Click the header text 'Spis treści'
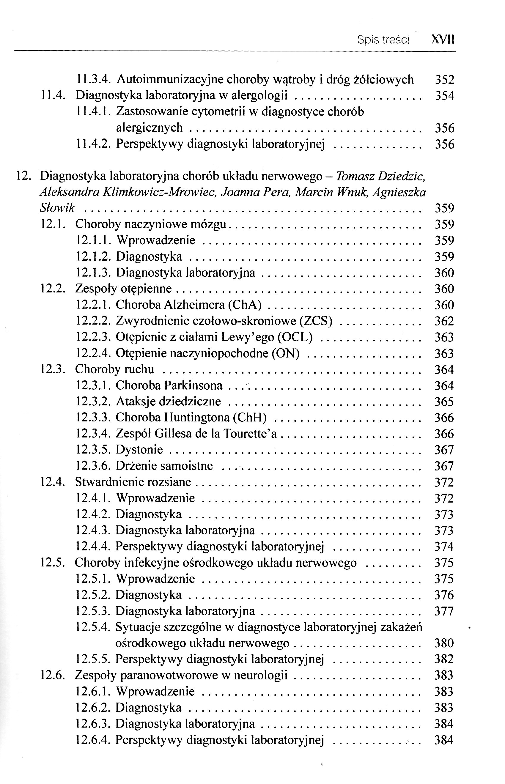point(383,40)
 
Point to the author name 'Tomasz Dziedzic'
point(381,177)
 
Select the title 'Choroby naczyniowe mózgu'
point(151,224)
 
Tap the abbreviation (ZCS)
point(316,321)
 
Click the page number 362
point(444,321)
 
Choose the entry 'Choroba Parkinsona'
point(169,385)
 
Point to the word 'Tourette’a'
point(250,434)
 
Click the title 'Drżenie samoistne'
point(164,466)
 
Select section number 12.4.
point(53,482)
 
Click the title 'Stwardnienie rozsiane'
point(133,482)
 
